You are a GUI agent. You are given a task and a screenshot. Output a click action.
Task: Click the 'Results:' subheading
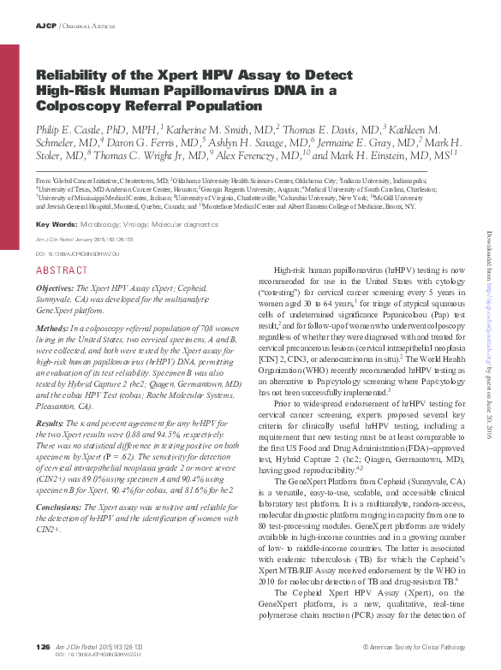[x=52, y=424]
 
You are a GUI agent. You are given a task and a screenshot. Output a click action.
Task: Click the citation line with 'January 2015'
[x=90, y=241]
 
